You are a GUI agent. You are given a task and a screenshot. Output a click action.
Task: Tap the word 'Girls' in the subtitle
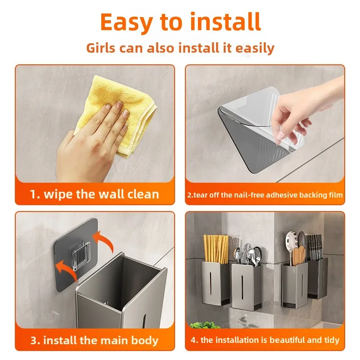tap(101, 48)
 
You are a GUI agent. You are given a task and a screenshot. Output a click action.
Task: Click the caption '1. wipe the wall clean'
tap(94, 194)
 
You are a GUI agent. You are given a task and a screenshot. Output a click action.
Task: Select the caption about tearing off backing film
tap(265, 195)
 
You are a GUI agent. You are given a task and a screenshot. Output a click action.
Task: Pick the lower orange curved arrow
tap(67, 269)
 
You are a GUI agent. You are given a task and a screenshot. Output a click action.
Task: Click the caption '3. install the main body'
tap(94, 340)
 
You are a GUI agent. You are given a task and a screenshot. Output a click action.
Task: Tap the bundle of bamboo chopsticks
tap(216, 249)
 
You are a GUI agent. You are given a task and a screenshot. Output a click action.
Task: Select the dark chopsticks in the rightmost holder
tap(315, 247)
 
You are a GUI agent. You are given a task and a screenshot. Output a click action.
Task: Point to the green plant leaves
tap(202, 325)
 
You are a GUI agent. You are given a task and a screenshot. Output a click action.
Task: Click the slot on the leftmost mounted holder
tap(211, 283)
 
